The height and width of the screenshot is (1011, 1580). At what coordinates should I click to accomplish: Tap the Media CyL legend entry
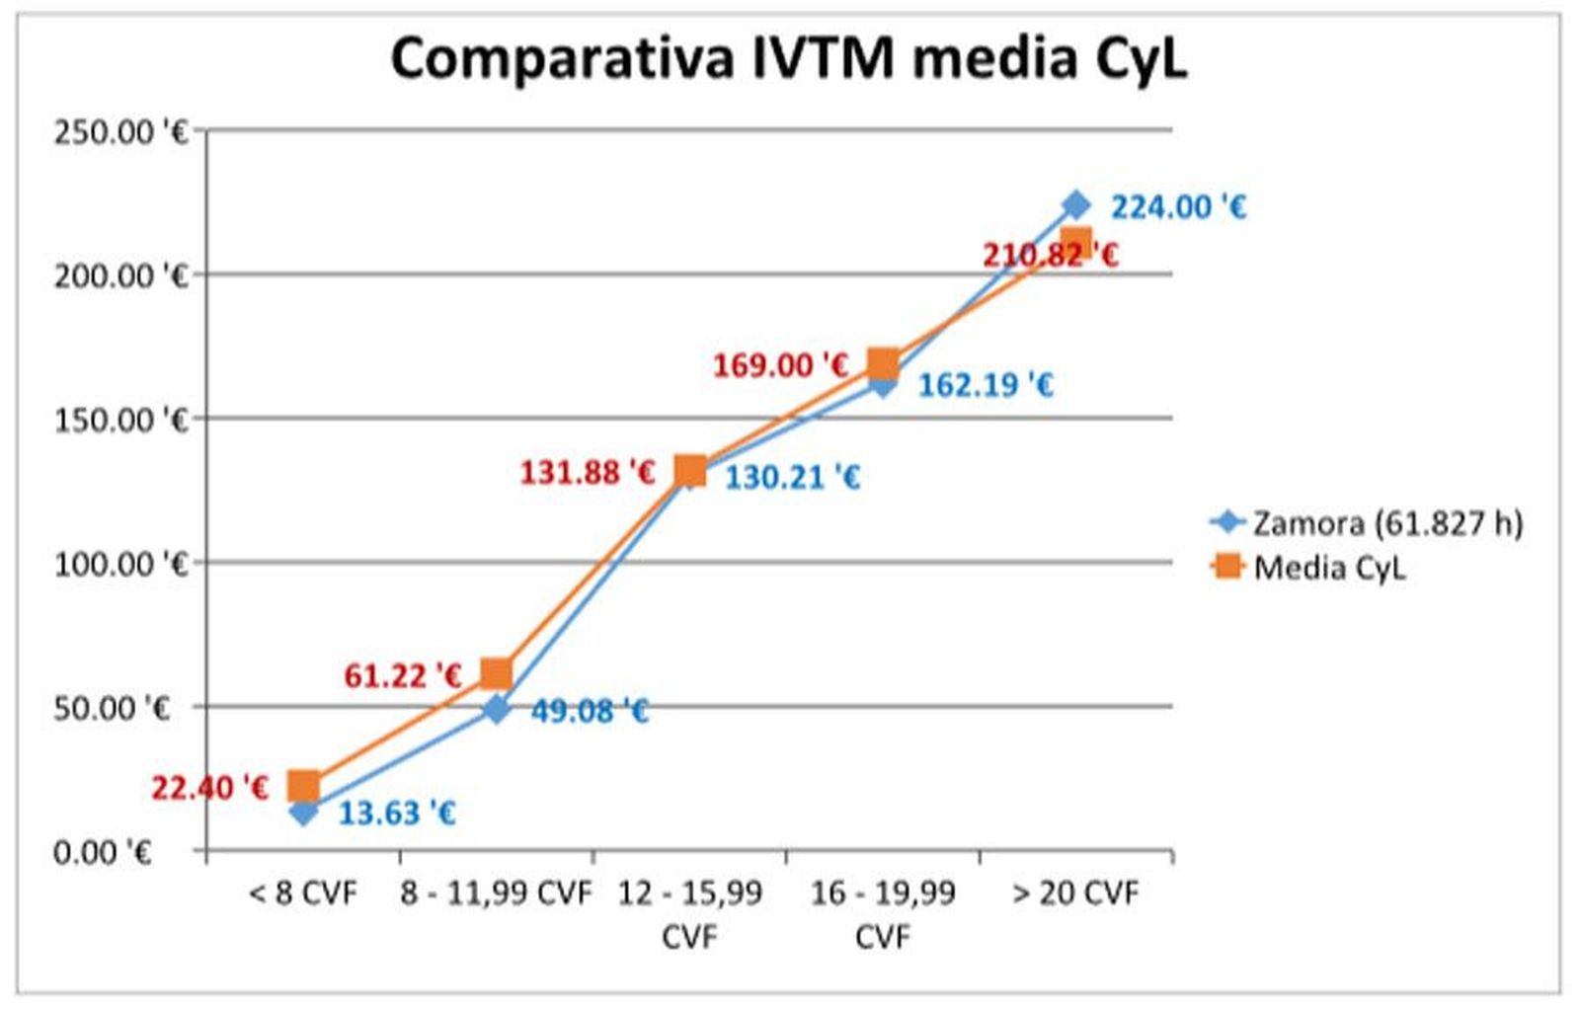coord(1328,568)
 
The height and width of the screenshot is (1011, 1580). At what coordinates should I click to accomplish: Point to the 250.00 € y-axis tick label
coord(119,131)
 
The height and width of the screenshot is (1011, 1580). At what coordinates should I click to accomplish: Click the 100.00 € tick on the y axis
coord(119,564)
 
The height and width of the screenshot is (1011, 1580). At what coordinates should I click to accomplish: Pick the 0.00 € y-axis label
coord(102,851)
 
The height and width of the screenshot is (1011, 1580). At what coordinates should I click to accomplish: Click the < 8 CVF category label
coord(303,894)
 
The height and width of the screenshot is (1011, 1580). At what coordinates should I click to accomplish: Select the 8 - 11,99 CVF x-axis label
coord(496,894)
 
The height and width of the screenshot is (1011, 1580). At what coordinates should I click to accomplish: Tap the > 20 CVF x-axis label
coord(1075,894)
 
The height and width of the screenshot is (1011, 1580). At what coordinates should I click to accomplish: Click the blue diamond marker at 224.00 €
coord(1075,205)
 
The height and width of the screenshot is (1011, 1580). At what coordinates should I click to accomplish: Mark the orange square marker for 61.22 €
coord(496,674)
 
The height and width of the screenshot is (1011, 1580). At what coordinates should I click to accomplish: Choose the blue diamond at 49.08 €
coord(497,709)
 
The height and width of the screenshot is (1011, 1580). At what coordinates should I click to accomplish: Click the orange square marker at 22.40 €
coord(303,786)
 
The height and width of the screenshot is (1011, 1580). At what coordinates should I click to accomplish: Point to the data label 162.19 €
coord(986,385)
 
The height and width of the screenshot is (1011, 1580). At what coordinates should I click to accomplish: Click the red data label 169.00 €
coord(780,366)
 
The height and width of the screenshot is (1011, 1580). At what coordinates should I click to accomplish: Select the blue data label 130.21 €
coord(792,478)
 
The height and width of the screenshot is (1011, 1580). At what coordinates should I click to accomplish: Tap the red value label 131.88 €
coord(588,473)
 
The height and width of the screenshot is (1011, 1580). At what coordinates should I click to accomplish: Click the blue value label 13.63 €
coord(397,814)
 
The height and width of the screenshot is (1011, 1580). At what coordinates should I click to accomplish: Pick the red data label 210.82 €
coord(1049,256)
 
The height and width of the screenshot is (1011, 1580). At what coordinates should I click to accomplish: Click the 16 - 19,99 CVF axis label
coord(882,913)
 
